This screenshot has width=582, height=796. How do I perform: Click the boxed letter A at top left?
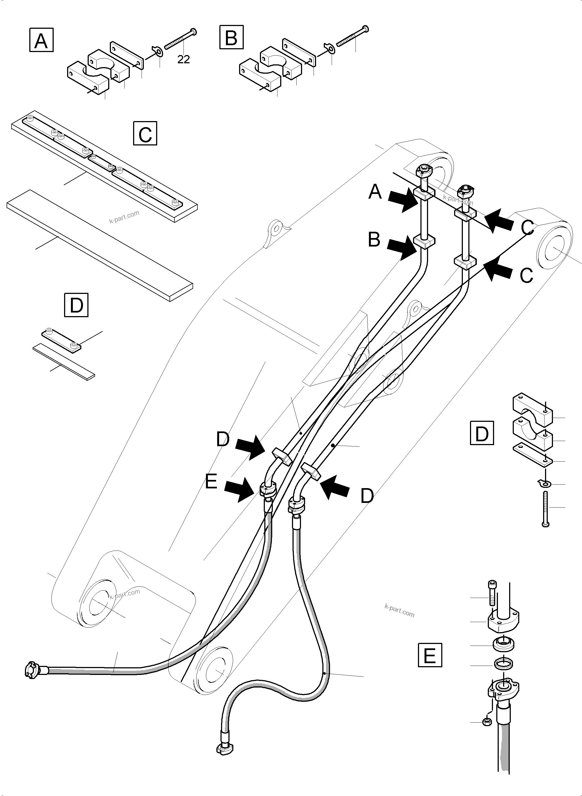41,41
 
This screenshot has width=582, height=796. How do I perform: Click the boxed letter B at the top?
231,37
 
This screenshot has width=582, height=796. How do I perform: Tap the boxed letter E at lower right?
430,655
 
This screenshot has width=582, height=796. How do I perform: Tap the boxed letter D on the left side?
76,305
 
